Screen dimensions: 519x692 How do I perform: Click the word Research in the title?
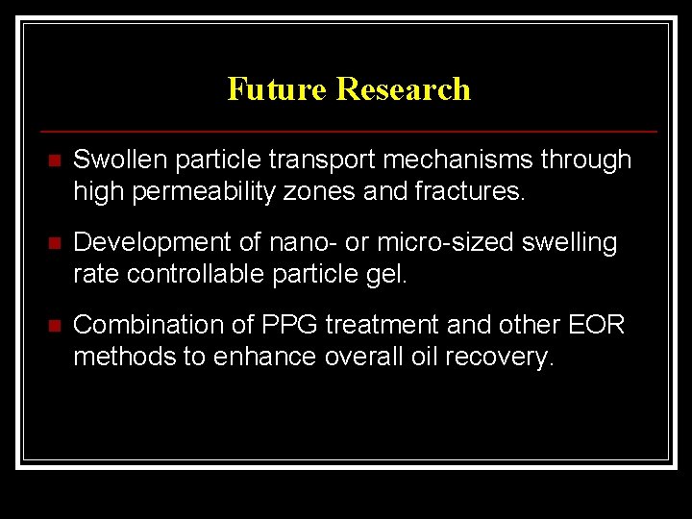point(404,89)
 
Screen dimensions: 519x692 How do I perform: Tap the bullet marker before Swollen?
point(53,161)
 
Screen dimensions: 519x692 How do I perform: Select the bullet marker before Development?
point(53,244)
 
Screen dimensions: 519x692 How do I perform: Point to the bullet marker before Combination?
point(53,327)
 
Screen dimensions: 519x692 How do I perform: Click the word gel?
point(390,276)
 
